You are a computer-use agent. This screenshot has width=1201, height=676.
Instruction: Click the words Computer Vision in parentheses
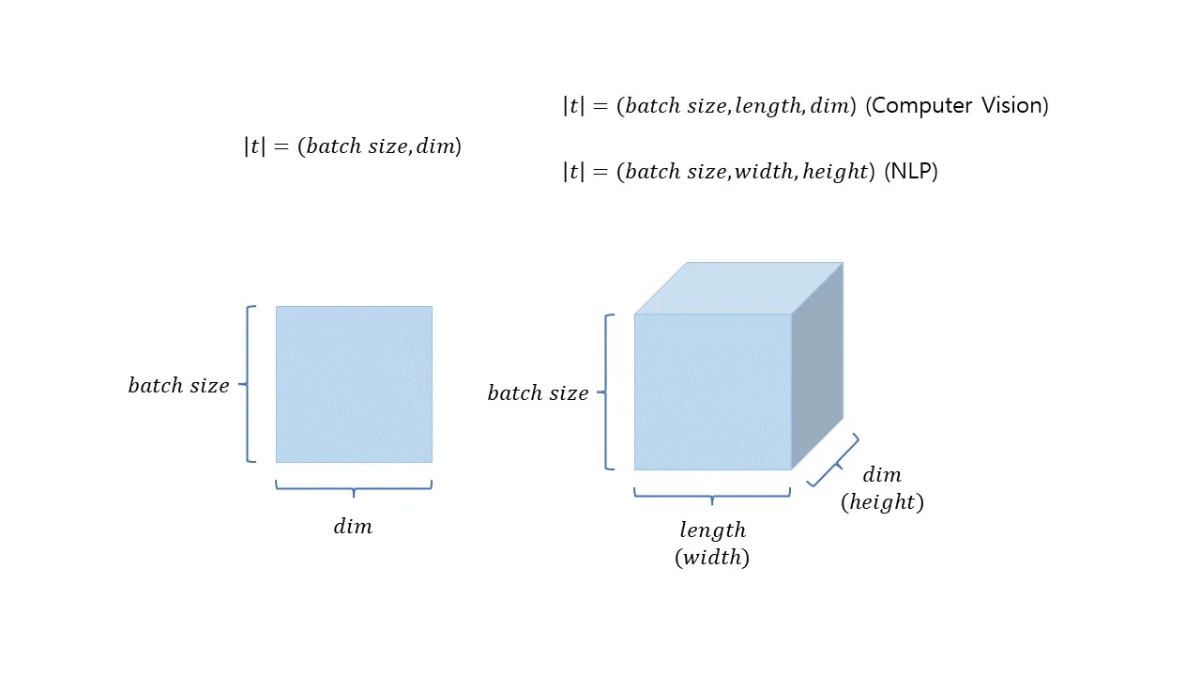957,106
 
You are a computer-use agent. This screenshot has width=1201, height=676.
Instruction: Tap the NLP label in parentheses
911,172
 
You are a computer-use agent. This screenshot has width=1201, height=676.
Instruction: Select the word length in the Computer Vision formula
768,106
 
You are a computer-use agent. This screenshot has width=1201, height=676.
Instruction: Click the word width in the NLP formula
764,172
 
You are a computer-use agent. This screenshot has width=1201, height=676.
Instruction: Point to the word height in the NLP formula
835,172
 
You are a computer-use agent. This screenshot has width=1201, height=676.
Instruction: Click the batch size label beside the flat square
178,385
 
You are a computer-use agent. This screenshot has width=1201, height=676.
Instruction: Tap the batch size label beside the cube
538,392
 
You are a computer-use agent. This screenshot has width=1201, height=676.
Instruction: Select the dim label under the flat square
353,527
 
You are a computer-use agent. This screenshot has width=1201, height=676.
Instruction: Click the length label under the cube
712,530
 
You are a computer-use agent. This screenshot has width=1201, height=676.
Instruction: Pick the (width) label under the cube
712,558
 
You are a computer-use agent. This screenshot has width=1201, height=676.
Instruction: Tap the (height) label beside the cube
883,502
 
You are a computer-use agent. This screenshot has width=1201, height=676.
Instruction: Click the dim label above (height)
882,475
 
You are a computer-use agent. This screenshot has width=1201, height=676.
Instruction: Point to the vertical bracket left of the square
248,384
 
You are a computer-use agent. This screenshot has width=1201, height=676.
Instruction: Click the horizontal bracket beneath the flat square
354,488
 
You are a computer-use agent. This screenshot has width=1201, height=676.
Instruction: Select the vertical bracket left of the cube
606,392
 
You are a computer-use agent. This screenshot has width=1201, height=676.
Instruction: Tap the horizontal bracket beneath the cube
712,496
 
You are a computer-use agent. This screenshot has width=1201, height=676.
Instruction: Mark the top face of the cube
738,288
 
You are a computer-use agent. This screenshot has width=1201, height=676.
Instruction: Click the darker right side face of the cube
817,366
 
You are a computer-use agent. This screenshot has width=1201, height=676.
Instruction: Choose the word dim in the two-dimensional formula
435,146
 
